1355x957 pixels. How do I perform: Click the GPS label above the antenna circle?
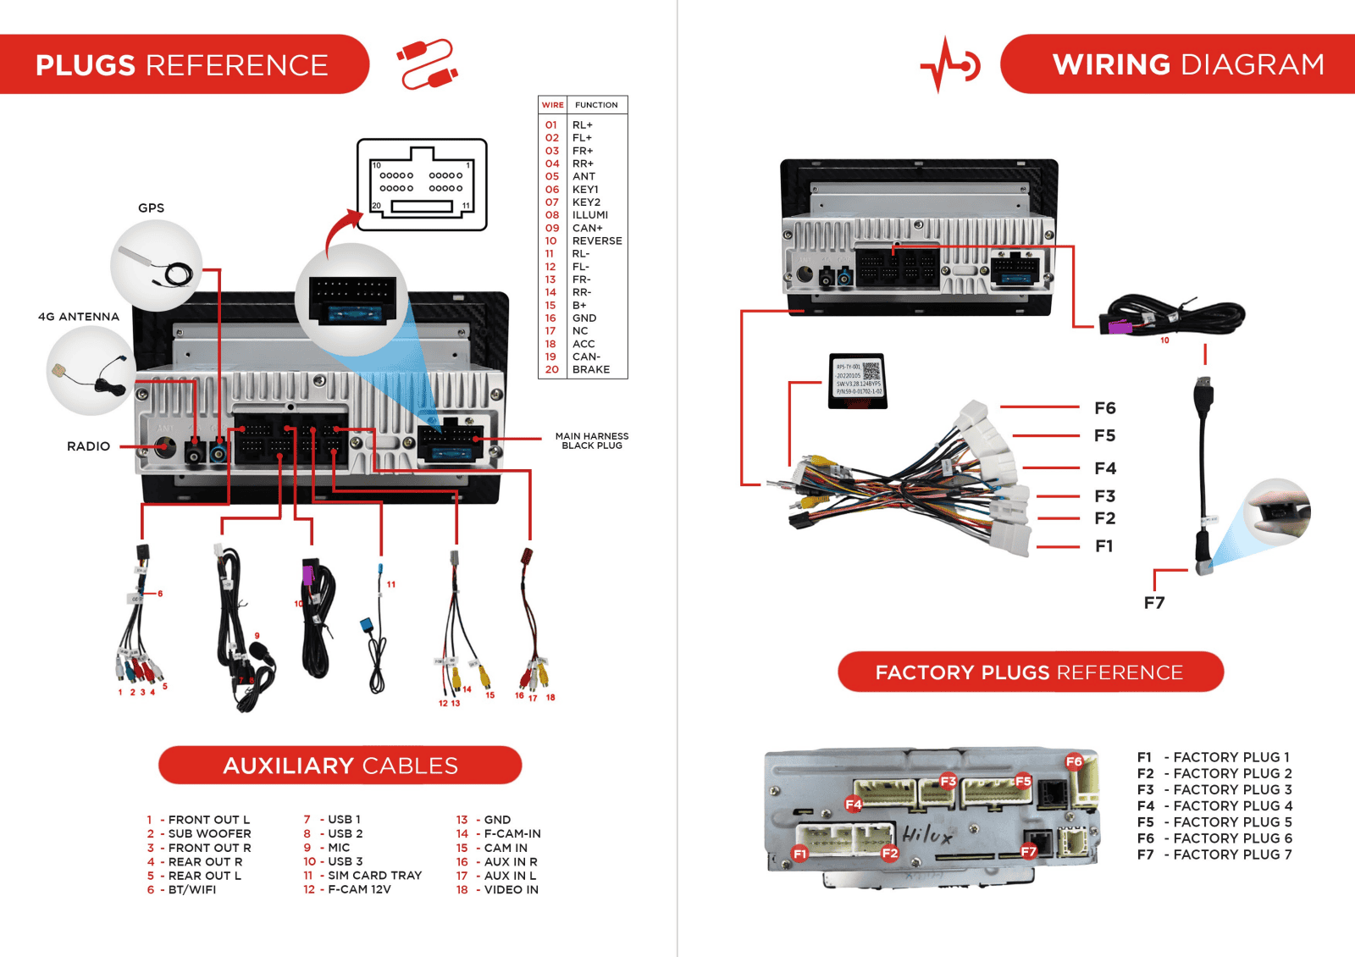click(151, 208)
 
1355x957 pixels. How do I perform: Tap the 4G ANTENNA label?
click(79, 317)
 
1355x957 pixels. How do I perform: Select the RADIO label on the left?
click(88, 446)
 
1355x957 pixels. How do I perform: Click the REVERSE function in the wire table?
click(597, 241)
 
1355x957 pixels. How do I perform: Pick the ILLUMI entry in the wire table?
click(590, 215)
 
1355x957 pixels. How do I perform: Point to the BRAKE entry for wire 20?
click(591, 370)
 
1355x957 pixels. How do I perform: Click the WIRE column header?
click(552, 105)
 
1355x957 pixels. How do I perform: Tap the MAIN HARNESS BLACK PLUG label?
click(592, 440)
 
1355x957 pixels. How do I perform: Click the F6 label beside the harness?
click(1105, 408)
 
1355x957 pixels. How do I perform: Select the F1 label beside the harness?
click(1104, 546)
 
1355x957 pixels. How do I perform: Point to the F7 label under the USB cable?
click(1154, 603)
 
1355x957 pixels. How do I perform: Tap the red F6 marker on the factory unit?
click(1074, 761)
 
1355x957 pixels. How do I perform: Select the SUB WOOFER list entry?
click(209, 834)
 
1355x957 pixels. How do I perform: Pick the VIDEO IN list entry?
click(511, 890)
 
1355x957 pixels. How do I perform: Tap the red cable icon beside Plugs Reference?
click(428, 64)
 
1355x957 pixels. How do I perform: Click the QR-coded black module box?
click(858, 381)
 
